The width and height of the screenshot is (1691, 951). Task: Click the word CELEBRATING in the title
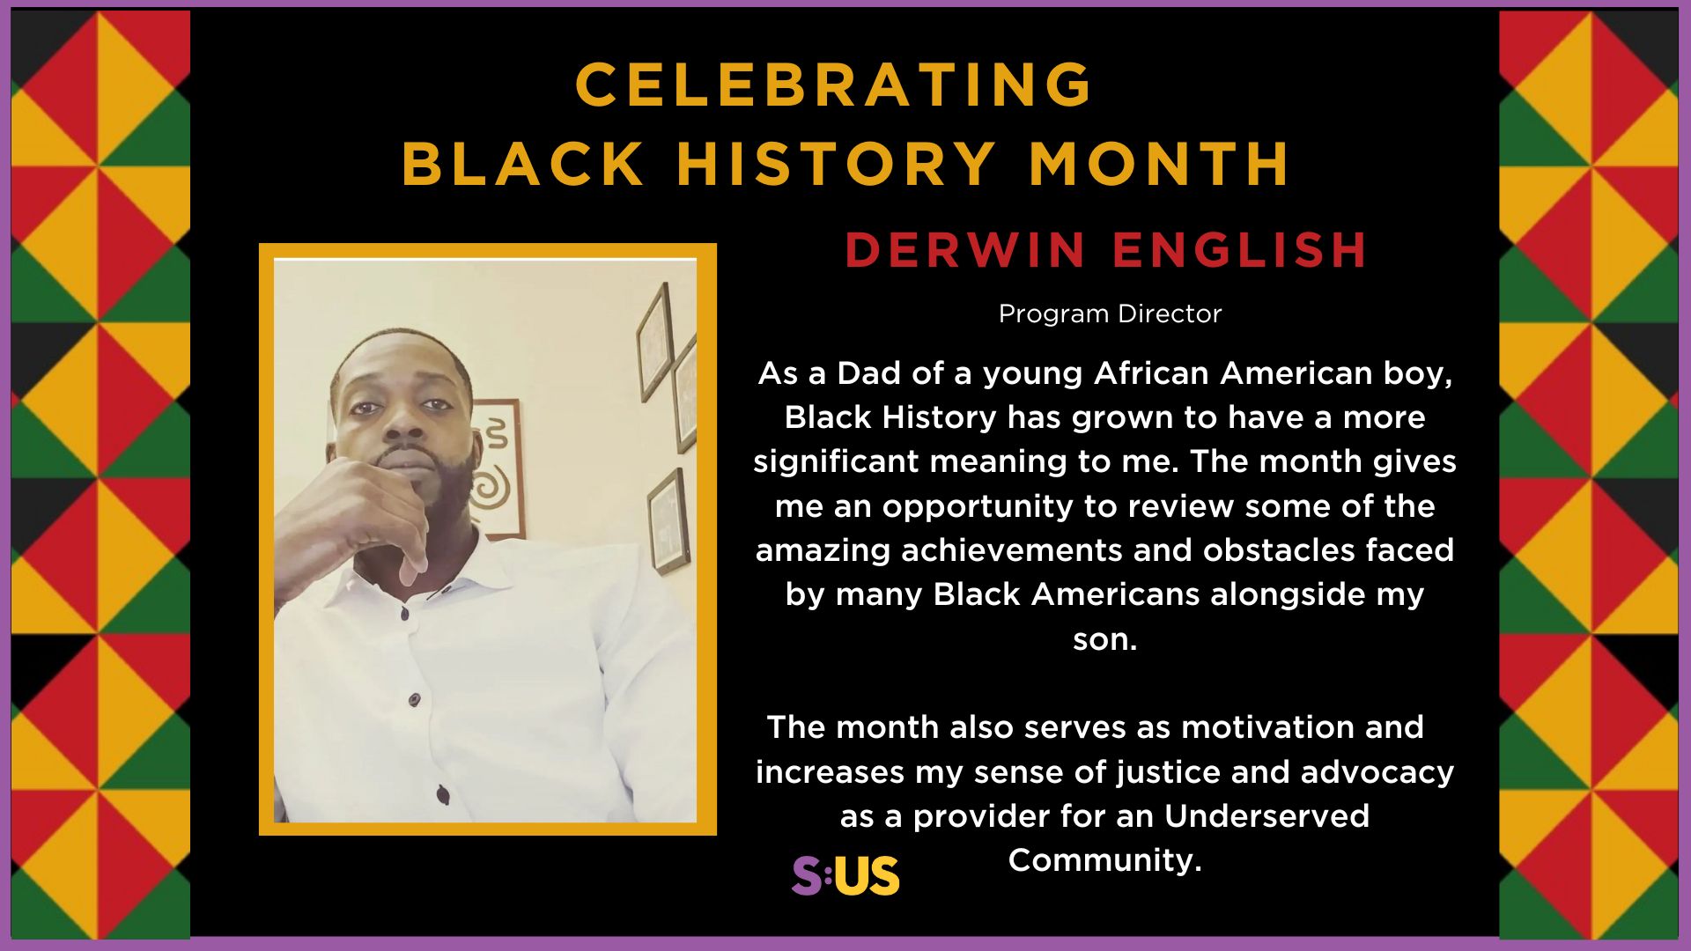[x=833, y=85]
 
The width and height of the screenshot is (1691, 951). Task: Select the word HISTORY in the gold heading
[x=836, y=164]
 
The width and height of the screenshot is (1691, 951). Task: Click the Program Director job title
[x=1110, y=313]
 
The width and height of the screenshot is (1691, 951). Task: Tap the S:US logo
[x=845, y=875]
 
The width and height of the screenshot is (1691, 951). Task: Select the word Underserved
[x=1266, y=816]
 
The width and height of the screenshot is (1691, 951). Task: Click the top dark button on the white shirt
[x=404, y=614]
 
